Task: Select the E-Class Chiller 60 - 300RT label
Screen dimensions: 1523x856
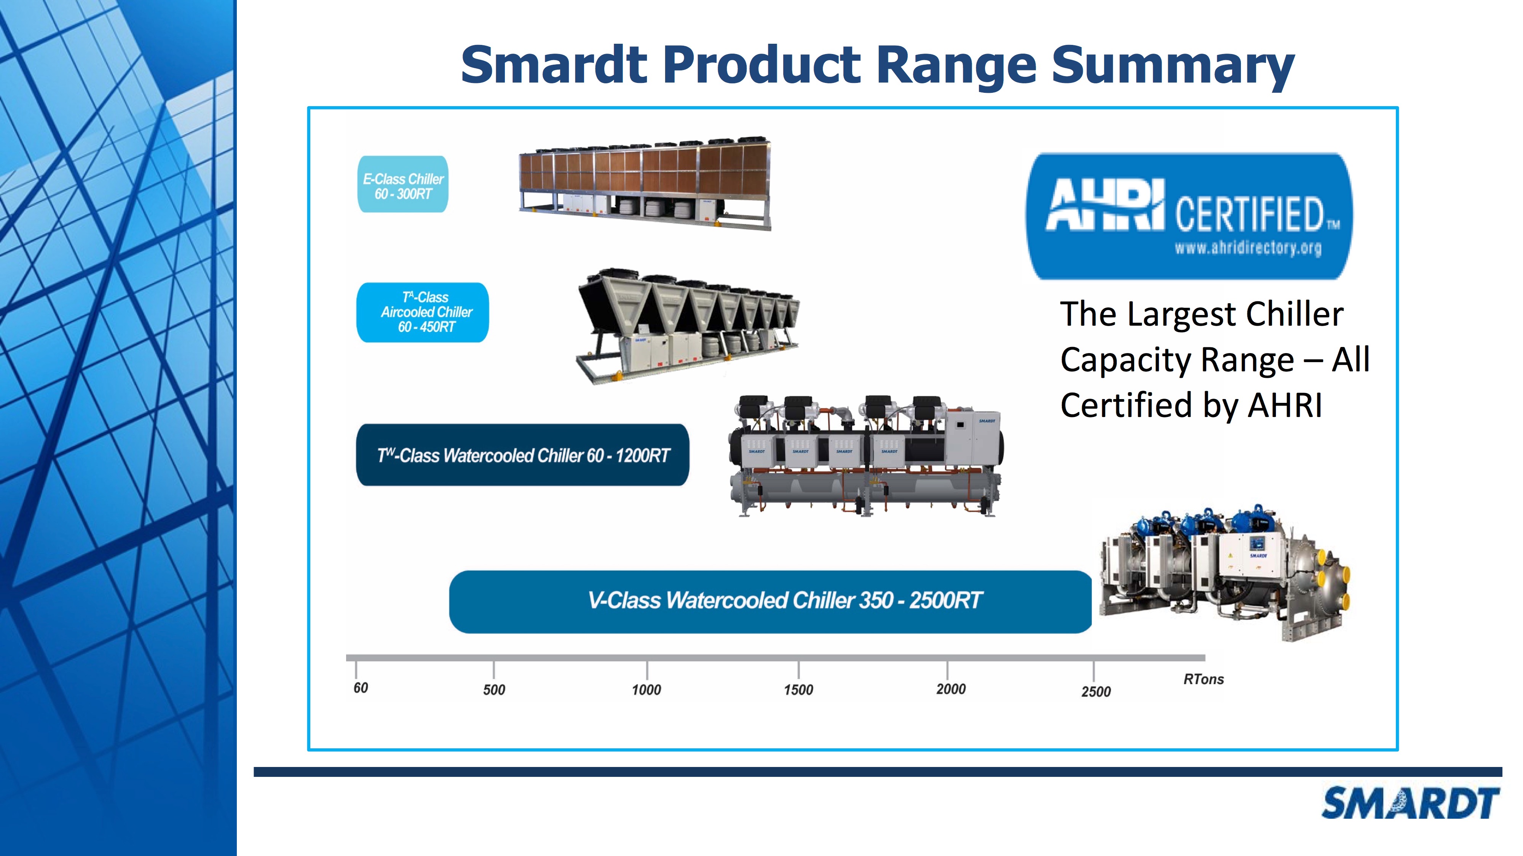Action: pos(402,184)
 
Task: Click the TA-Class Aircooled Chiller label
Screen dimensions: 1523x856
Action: pos(423,312)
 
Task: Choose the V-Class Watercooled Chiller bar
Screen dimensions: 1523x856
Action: pos(770,601)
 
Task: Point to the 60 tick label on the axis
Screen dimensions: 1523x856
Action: pos(361,687)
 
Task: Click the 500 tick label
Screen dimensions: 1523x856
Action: pos(494,689)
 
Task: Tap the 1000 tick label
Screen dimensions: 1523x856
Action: pos(646,689)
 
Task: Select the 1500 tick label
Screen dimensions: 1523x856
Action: pos(799,689)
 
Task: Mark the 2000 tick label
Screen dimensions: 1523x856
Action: pos(951,689)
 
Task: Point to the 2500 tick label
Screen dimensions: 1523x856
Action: pos(1096,691)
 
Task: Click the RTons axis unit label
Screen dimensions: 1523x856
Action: pos(1204,679)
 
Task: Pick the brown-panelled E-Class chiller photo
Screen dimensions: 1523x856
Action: pos(645,183)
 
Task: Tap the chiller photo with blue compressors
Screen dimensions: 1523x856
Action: pos(1225,572)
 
